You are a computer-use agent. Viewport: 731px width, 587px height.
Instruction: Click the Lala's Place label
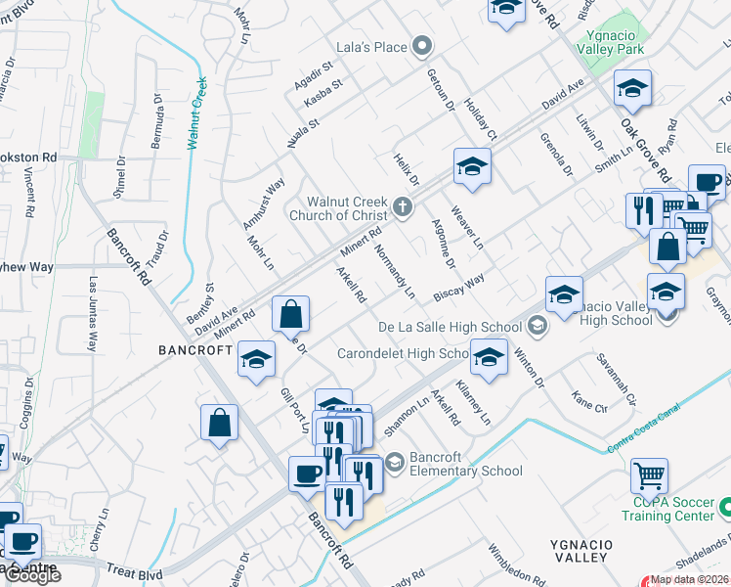point(372,45)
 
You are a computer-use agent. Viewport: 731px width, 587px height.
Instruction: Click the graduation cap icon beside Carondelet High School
point(489,357)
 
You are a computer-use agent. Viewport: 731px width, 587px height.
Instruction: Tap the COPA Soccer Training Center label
point(668,508)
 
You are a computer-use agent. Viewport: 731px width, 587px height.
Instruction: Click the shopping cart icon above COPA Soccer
point(649,476)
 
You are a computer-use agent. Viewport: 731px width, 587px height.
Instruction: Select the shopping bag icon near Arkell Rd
point(291,315)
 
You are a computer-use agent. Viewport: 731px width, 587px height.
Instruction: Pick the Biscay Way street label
point(459,289)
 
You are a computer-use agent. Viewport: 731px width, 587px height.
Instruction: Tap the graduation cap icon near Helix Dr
point(471,167)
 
